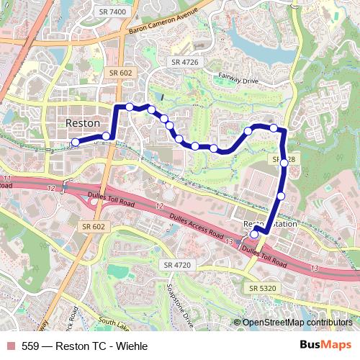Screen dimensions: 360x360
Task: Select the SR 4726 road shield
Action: [x=185, y=63]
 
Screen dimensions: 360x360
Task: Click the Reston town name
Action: [x=83, y=123]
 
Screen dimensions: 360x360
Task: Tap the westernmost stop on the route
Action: [x=75, y=142]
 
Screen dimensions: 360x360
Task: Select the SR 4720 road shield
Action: [x=177, y=265]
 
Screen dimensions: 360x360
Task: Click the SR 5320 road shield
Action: [x=264, y=288]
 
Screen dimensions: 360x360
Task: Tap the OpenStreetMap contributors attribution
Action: [x=296, y=323]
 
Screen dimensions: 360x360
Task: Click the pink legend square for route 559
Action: [x=9, y=346]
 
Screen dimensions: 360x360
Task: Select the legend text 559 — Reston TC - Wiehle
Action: [x=84, y=346]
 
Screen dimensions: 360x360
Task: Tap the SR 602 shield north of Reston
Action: [x=120, y=72]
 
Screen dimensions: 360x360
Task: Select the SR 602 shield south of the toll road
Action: [x=94, y=226]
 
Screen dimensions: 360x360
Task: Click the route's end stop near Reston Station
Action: [x=254, y=234]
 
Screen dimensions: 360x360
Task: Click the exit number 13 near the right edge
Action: [x=315, y=268]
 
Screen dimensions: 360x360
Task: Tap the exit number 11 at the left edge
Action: [x=7, y=178]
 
